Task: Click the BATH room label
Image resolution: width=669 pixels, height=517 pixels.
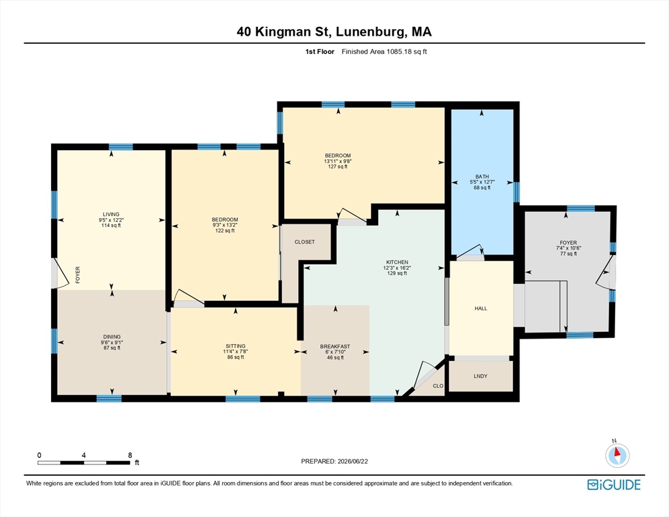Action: coord(482,176)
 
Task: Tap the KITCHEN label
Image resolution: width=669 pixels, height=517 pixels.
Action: coord(397,262)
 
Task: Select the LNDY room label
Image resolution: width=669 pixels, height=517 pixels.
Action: coord(481,376)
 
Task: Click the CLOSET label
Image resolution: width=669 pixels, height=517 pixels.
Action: coord(305,242)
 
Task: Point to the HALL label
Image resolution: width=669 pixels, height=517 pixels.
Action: coord(481,308)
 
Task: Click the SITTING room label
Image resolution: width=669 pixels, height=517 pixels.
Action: coord(236,346)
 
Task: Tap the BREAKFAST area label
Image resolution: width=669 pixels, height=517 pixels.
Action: coord(335,346)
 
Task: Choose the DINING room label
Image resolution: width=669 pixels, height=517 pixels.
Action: coord(112,337)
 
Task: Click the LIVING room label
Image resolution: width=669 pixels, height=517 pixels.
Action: coord(111,214)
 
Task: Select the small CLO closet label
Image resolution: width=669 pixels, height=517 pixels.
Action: coord(438,386)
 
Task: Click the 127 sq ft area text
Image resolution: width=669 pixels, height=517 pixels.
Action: coord(338,166)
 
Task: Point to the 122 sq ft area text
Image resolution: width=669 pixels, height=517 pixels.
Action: coord(225,230)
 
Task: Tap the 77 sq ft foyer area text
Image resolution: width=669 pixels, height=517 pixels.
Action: coord(568,254)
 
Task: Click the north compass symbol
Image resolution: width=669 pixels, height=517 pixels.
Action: coord(617,455)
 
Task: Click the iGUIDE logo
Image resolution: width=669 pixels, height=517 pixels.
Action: coord(614,485)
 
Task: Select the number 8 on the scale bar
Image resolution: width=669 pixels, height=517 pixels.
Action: coord(130,455)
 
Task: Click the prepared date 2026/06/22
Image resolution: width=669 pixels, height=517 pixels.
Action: coord(353,461)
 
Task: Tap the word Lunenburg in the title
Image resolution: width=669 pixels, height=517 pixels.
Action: coord(371,32)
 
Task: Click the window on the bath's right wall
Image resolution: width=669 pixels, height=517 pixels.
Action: coord(516,192)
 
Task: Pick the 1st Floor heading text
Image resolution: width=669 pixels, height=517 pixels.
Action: coord(320,52)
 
